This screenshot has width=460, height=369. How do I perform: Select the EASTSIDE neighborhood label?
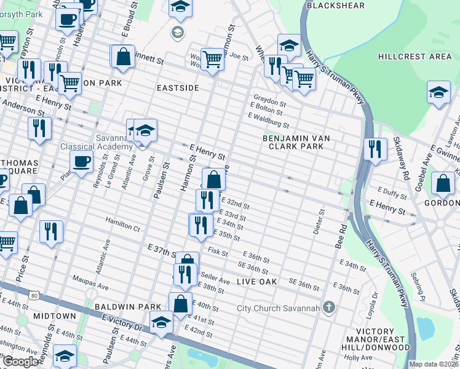click(178, 88)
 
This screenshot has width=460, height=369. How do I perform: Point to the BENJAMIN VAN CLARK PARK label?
click(301, 143)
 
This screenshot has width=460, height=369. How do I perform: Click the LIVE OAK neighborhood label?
click(256, 281)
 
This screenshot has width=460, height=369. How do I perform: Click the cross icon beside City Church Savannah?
click(329, 307)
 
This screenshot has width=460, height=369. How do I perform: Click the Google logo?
click(20, 362)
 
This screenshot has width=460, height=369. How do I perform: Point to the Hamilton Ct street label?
click(122, 228)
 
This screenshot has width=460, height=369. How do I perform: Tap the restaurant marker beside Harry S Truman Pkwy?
click(375, 149)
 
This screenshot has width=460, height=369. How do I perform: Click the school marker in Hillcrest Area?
click(438, 93)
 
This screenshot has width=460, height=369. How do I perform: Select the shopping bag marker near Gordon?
click(443, 183)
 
